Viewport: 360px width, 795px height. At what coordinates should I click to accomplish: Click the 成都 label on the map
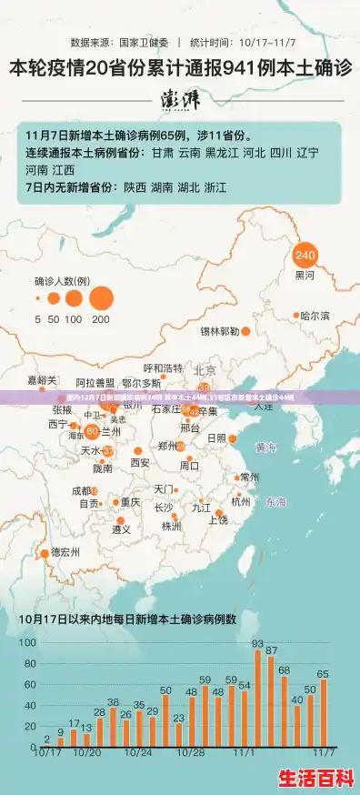tap(82, 490)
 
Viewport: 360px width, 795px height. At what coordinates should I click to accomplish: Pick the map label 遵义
tap(121, 529)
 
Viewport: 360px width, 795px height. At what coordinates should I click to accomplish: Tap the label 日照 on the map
tap(216, 438)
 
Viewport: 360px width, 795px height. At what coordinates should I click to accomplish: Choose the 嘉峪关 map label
tap(42, 379)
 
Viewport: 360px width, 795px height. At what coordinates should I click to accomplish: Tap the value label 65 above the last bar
tap(323, 673)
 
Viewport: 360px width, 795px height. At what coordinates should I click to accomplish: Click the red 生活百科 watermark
tap(315, 778)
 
